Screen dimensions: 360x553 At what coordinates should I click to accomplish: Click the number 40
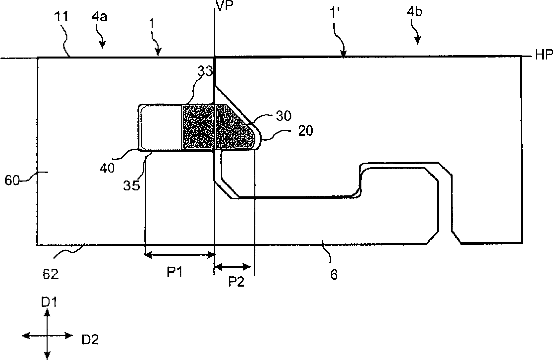coord(106,168)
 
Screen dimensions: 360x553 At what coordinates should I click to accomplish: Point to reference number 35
coord(131,185)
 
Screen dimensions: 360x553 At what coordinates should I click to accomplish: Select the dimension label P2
coord(236,282)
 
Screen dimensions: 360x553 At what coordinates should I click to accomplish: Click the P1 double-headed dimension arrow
coord(180,254)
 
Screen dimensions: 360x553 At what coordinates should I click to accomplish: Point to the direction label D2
coord(90,340)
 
